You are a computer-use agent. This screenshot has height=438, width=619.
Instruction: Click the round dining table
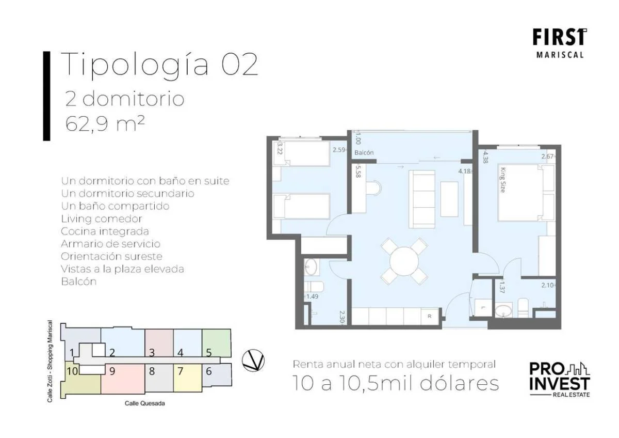click(x=404, y=261)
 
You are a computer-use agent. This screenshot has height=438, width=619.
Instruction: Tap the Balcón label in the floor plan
click(x=364, y=153)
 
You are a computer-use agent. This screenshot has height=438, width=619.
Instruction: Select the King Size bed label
click(x=502, y=180)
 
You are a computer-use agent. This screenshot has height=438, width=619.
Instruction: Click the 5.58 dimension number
click(x=358, y=171)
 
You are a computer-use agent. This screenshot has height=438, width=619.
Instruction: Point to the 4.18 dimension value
click(x=464, y=171)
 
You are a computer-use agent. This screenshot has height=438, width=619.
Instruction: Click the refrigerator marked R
click(x=429, y=316)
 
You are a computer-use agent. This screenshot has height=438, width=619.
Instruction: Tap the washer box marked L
click(x=483, y=307)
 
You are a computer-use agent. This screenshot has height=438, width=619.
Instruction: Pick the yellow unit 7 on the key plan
click(x=187, y=378)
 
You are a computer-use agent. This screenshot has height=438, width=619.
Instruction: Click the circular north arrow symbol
click(x=253, y=360)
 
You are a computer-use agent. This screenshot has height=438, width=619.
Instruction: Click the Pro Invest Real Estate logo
click(x=560, y=379)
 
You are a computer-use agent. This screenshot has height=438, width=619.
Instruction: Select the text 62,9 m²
click(x=105, y=123)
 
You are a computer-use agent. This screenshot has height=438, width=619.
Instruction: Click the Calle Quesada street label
click(x=145, y=403)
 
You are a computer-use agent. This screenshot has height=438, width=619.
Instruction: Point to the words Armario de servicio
click(x=110, y=244)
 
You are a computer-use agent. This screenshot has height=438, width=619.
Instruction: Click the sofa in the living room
click(x=422, y=199)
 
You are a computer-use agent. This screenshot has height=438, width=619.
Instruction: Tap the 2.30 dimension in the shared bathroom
click(x=342, y=317)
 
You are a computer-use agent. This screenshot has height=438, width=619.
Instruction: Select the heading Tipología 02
click(x=159, y=65)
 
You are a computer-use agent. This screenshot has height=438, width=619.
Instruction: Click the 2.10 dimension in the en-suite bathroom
click(x=547, y=285)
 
